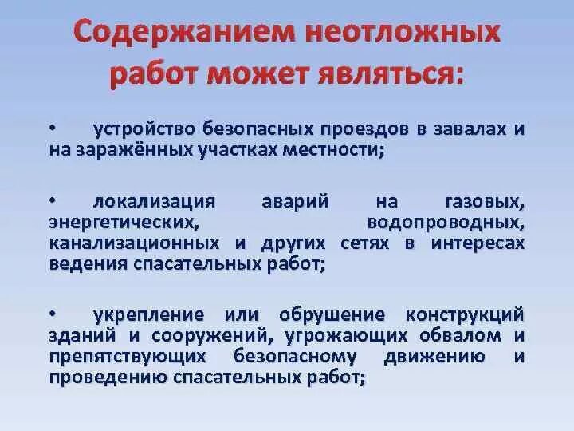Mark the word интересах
pos(478,243)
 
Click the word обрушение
pos(330,314)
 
